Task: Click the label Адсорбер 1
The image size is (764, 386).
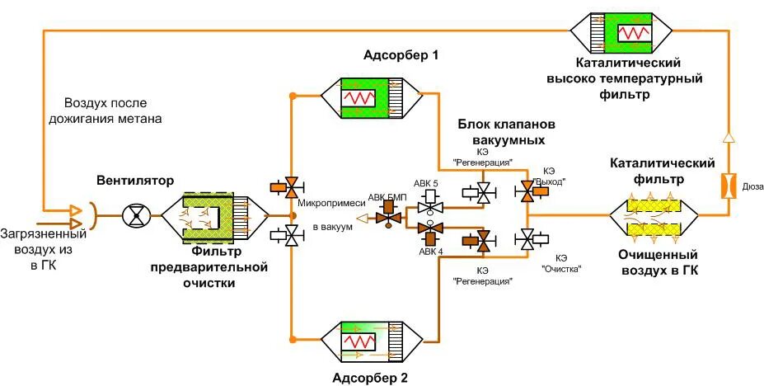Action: point(401,56)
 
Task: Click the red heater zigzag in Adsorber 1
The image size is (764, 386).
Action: point(359,97)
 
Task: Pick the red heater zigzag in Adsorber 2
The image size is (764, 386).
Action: point(359,339)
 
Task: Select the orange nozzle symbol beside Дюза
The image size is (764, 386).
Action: point(728,186)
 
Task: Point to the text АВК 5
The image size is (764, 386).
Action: point(429,182)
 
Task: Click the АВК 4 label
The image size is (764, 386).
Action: point(429,252)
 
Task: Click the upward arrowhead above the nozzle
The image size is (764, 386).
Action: point(728,137)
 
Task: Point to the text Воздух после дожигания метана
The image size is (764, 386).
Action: point(115,111)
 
